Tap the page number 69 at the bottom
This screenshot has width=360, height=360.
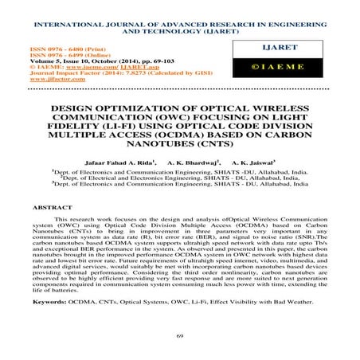pos(180,337)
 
